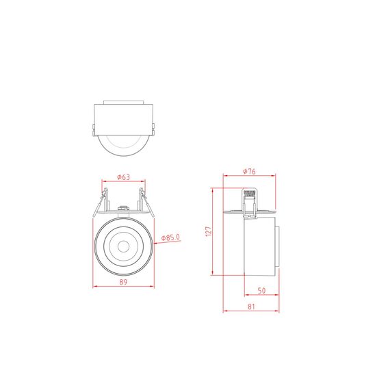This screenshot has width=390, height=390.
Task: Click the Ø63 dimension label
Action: pos(124,177)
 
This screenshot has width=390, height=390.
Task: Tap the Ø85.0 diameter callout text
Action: pos(170,237)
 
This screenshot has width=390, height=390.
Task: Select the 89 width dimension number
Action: pos(123,281)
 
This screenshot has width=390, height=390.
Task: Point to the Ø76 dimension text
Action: pos(249,172)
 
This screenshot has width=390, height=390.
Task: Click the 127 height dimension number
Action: pos(209,231)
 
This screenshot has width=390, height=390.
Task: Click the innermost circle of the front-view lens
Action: pos(124,244)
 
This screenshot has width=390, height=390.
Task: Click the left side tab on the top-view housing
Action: pos(92,130)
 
